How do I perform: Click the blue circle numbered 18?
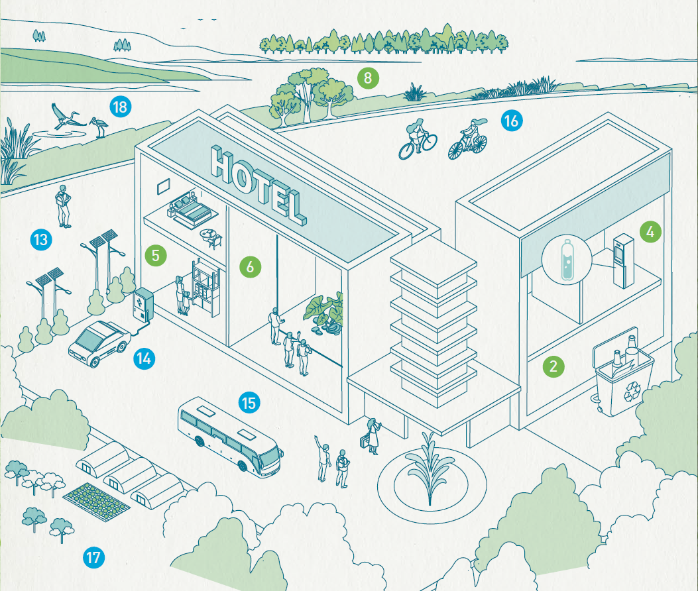[120, 107]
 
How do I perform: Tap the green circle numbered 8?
[368, 78]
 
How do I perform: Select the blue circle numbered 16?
[512, 121]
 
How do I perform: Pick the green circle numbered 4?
[650, 232]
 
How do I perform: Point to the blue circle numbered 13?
[41, 239]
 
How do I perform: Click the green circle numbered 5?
[155, 256]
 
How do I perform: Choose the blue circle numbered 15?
[249, 403]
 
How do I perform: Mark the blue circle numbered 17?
[93, 558]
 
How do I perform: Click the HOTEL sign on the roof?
[259, 185]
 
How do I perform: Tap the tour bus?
[231, 437]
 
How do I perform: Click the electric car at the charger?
[99, 343]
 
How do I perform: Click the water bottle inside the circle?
[567, 260]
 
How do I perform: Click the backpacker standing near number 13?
[63, 207]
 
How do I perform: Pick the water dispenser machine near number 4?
[623, 260]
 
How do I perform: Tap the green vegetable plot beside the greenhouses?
[96, 502]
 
